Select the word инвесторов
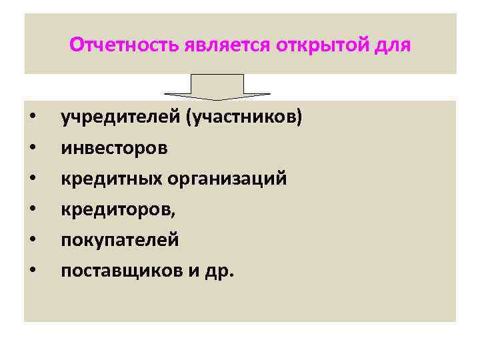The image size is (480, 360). click(114, 148)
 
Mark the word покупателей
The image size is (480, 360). click(119, 240)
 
